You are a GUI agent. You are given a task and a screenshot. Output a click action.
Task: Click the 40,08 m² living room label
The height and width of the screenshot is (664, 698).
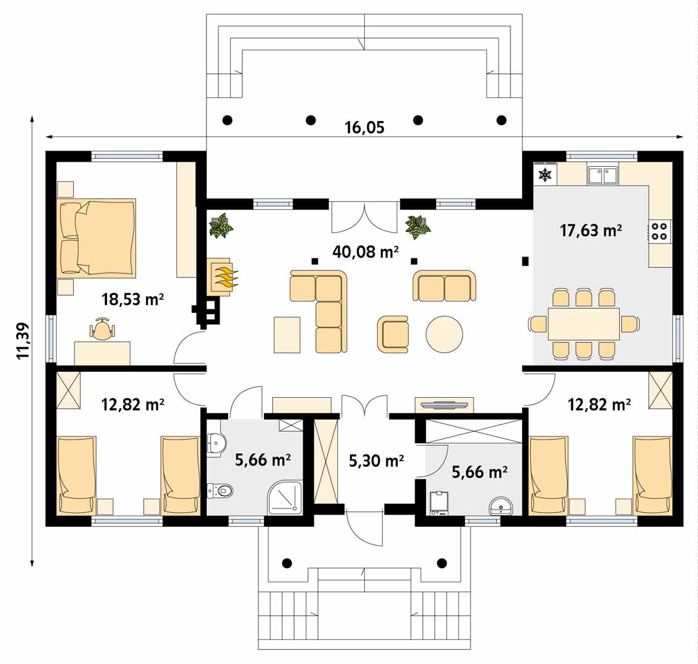click(365, 252)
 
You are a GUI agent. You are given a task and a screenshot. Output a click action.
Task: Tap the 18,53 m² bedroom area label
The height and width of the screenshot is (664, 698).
click(133, 299)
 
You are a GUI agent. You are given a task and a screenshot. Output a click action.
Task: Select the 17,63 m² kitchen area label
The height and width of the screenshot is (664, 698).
click(591, 231)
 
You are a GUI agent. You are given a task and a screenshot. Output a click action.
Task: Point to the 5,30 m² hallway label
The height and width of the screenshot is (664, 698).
click(376, 461)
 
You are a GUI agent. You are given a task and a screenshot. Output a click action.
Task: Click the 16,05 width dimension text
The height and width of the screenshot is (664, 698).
click(364, 128)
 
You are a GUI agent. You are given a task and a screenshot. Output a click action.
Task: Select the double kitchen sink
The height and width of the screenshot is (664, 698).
click(603, 175)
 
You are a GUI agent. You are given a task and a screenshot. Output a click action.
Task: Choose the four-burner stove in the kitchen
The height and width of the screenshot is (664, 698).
click(659, 231)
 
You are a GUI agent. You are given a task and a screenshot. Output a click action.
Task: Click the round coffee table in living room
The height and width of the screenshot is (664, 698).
click(444, 334)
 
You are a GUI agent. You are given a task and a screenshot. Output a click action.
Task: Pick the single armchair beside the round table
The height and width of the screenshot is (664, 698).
click(392, 334)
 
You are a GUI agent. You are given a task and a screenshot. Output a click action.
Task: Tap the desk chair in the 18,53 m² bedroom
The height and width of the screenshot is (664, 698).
click(103, 330)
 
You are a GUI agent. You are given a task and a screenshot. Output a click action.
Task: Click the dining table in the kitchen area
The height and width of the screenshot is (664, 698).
click(584, 323)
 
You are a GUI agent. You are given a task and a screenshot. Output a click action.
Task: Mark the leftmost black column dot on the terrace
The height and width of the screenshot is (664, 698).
click(228, 120)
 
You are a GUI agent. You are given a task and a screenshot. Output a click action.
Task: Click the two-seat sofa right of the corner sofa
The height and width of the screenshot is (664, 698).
click(444, 286)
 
